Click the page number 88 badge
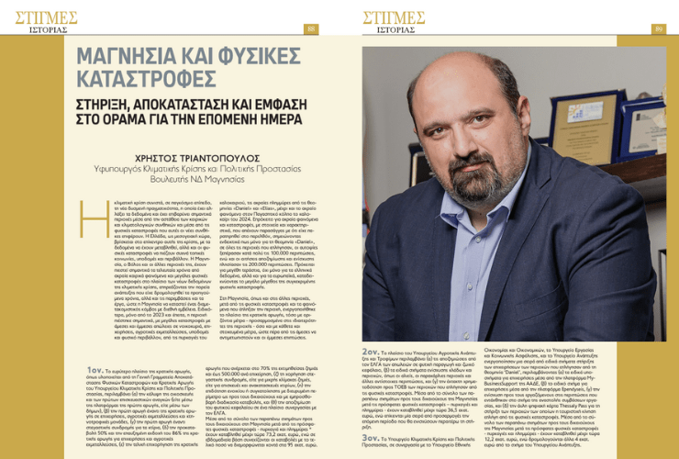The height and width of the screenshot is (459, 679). (x=311, y=28)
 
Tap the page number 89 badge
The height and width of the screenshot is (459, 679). (x=658, y=28)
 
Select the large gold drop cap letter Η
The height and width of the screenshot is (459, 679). (x=89, y=207)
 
